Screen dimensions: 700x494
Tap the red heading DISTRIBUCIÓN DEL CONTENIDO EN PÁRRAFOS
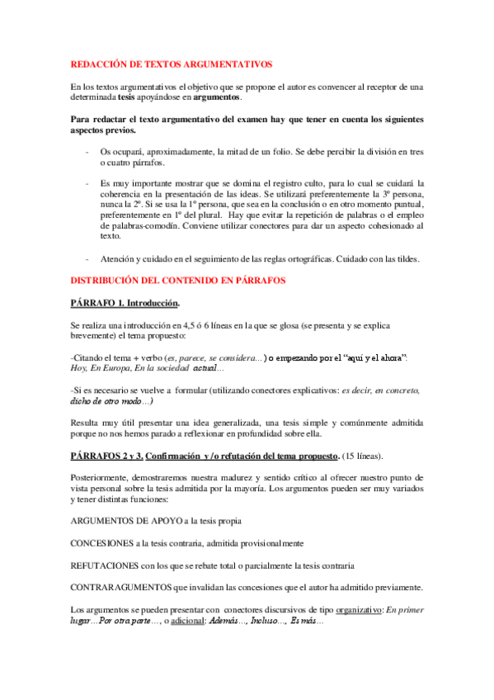[178, 281]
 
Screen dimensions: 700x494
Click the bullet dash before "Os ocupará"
[87, 151]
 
